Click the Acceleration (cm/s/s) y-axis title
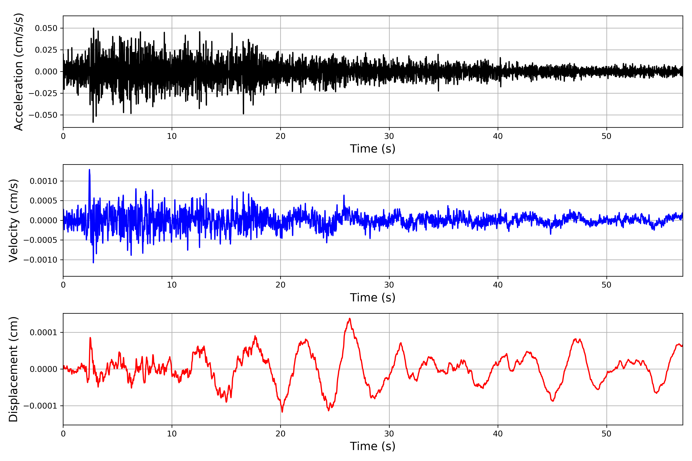click(18, 72)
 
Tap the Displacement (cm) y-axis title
click(13, 369)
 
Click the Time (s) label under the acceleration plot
click(373, 149)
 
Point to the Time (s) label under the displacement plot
click(373, 446)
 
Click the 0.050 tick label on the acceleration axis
click(46, 28)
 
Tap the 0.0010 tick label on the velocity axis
click(44, 181)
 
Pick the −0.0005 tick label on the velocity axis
click(40, 240)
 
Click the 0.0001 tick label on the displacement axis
click(44, 332)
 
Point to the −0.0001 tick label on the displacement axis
click(40, 406)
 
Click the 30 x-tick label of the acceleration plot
click(389, 136)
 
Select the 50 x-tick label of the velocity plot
click(606, 285)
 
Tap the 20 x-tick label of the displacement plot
click(280, 434)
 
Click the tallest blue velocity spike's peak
click(89, 170)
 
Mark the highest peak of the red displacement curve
click(349, 318)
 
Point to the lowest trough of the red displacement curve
click(282, 412)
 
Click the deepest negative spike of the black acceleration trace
click(93, 122)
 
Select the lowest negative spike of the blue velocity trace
click(94, 263)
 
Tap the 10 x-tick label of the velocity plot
click(172, 285)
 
